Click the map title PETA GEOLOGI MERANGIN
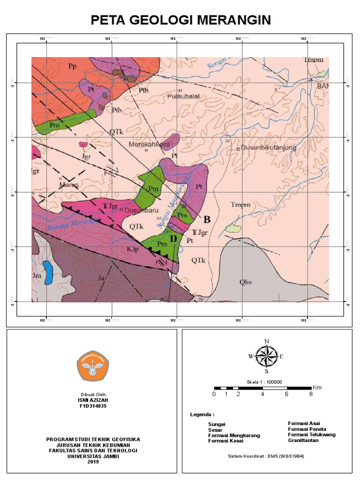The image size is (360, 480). click(180, 20)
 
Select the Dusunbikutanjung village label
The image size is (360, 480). click(270, 149)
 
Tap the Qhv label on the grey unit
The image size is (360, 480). click(246, 282)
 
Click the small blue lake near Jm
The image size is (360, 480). click(47, 273)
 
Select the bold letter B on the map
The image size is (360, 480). click(206, 219)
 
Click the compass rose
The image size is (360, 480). click(266, 356)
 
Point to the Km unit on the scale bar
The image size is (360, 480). click(317, 387)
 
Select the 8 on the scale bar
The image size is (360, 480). click(311, 394)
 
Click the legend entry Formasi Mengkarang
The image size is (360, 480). click(233, 435)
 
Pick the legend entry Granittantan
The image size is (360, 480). click(303, 440)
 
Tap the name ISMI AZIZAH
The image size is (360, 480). click(93, 400)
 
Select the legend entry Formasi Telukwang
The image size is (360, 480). click(312, 435)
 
